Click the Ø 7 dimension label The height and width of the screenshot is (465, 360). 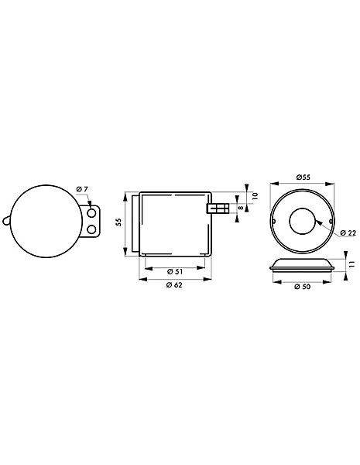click(x=82, y=189)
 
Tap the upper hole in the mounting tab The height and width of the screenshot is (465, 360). click(x=92, y=213)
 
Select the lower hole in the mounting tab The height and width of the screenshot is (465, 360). click(x=92, y=229)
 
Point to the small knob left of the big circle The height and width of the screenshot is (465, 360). click(x=6, y=221)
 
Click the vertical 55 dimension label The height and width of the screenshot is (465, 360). click(x=118, y=222)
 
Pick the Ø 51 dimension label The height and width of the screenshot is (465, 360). click(x=175, y=271)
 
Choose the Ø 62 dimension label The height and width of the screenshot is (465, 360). click(x=174, y=285)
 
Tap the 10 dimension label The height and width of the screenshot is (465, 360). click(x=255, y=196)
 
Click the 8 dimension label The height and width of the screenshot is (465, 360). click(x=241, y=208)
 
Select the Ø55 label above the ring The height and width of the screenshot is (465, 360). click(x=303, y=177)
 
